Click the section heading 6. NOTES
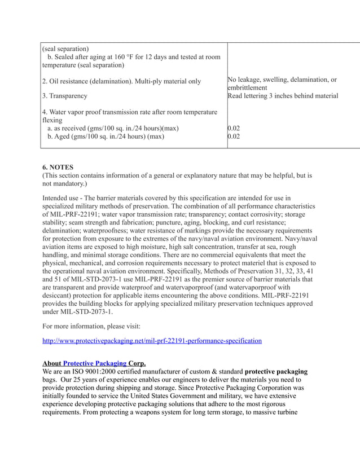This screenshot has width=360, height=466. (x=58, y=167)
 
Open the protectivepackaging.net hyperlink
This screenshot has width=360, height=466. (x=152, y=341)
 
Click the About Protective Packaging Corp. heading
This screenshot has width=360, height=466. (x=94, y=363)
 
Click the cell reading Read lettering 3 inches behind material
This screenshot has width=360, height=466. (x=282, y=96)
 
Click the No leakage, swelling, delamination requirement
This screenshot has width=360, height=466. (x=282, y=80)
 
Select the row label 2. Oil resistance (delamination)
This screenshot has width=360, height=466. (x=121, y=81)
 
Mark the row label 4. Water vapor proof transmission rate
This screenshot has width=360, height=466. (x=129, y=112)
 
